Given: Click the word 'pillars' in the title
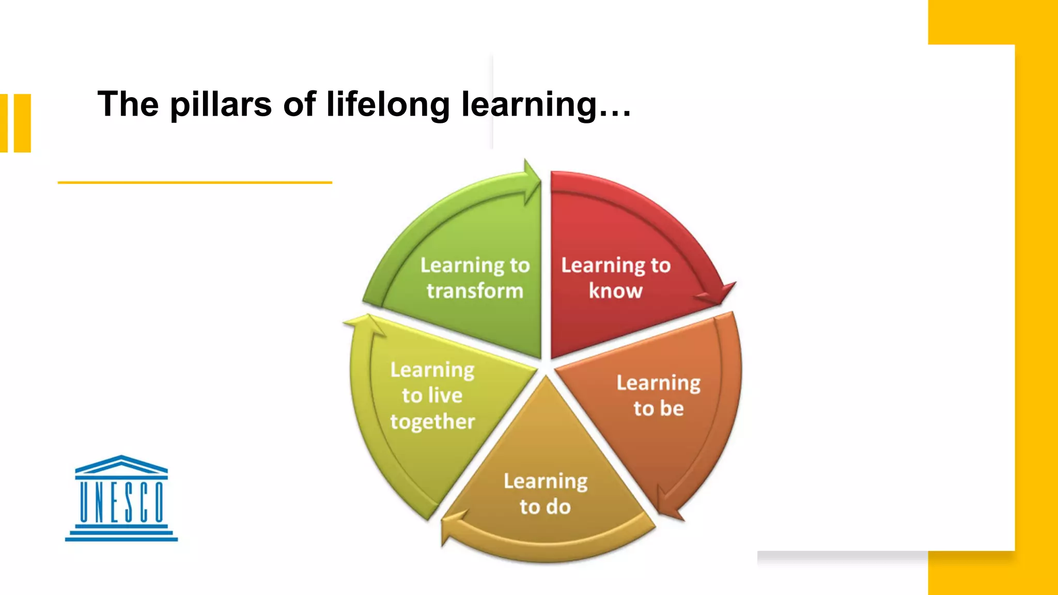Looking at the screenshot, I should coord(221,105).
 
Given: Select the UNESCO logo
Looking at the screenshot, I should coord(121,498).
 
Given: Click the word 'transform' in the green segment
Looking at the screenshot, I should coord(475,291).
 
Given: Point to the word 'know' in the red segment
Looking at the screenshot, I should coord(615,291).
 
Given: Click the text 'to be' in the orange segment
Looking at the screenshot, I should coord(659,409).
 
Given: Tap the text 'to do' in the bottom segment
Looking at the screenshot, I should coord(545,507).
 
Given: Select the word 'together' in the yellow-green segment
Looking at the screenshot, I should coord(432,422).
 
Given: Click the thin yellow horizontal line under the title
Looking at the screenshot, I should coord(194,182).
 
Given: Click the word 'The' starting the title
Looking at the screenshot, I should coord(128,105).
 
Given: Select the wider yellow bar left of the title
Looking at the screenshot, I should coord(22,123).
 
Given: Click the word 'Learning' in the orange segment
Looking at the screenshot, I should coord(659,383).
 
